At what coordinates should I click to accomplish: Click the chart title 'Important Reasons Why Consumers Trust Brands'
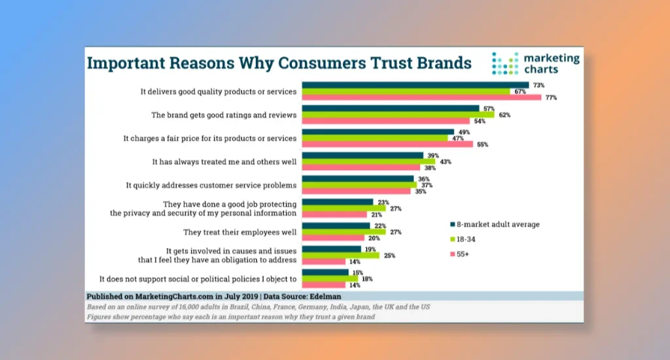(279, 63)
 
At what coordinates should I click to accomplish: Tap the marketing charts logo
(535, 63)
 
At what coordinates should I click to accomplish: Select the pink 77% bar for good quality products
(421, 98)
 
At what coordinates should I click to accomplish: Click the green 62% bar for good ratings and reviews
(398, 115)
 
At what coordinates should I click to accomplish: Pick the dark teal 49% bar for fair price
(378, 132)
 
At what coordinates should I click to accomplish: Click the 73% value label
(538, 85)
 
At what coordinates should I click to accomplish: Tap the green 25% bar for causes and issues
(340, 255)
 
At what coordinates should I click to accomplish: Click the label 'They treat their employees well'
(239, 232)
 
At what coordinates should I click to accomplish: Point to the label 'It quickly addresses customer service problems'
(211, 185)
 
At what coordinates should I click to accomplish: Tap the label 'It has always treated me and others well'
(224, 162)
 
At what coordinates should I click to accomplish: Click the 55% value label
(483, 144)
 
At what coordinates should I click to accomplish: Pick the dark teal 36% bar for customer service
(357, 178)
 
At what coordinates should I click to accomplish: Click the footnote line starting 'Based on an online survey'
(258, 307)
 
